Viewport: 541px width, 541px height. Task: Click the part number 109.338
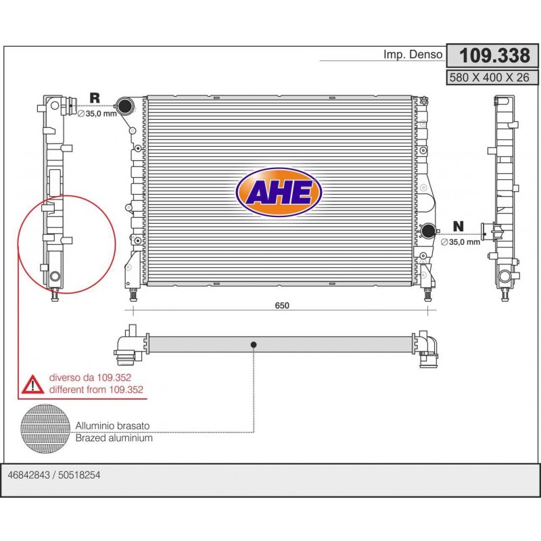[x=494, y=55]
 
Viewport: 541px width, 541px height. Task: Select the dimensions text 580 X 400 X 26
[x=489, y=78]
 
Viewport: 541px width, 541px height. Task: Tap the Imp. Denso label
[x=413, y=55]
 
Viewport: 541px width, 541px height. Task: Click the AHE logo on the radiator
[x=279, y=192]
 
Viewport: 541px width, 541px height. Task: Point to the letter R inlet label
[x=95, y=97]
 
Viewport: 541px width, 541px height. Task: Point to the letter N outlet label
[x=458, y=227]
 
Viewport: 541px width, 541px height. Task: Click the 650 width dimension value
[x=282, y=306]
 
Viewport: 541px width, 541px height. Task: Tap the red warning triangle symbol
[x=32, y=385]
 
